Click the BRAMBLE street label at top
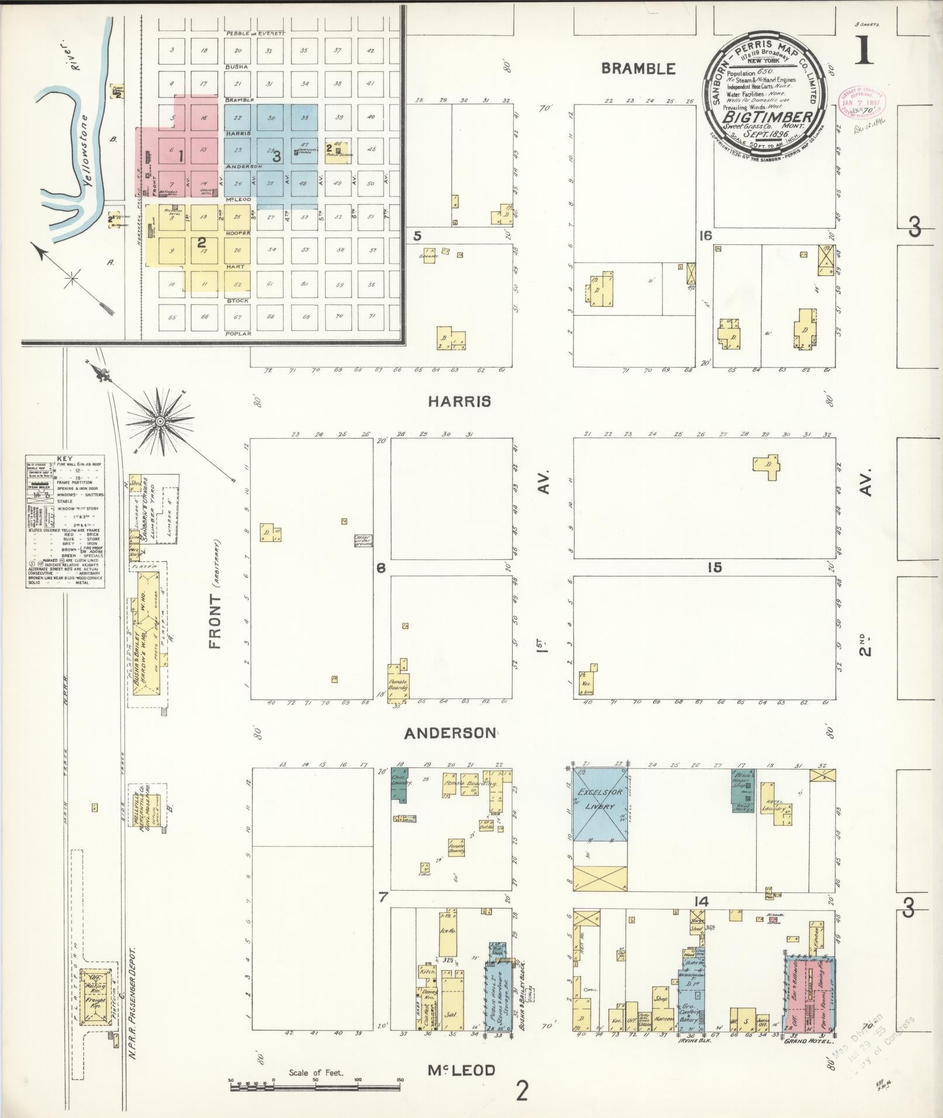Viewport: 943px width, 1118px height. [x=638, y=68]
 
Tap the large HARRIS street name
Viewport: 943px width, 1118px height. [x=459, y=401]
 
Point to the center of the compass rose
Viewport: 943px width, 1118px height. [x=159, y=421]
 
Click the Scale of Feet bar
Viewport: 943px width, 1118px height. [x=316, y=1088]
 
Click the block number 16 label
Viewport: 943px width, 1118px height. [x=706, y=236]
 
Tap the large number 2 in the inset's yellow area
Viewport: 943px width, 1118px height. [x=201, y=241]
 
